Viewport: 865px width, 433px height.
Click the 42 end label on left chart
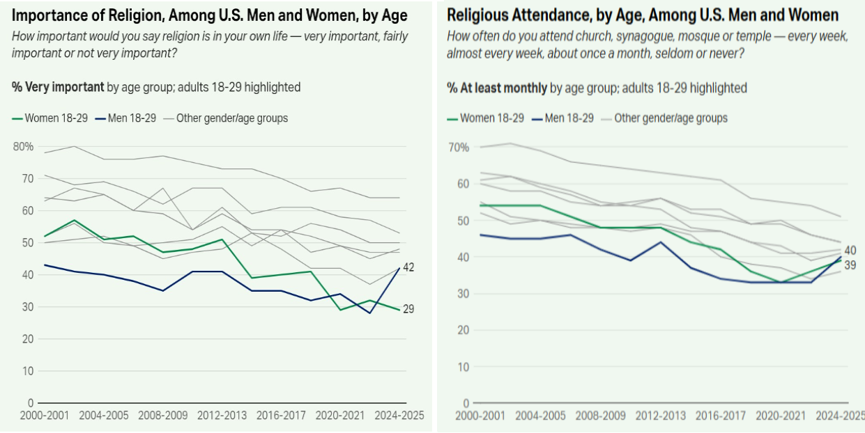pyautogui.click(x=408, y=267)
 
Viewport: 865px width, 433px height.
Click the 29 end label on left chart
pyautogui.click(x=408, y=309)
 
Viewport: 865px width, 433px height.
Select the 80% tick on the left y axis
pyautogui.click(x=22, y=146)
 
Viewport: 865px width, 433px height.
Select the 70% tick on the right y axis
pyautogui.click(x=459, y=148)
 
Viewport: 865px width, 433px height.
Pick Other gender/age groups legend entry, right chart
pyautogui.click(x=671, y=118)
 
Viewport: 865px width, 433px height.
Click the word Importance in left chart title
pyautogui.click(x=48, y=15)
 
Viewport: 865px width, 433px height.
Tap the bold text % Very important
pyautogui.click(x=58, y=87)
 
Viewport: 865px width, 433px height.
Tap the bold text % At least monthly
pyautogui.click(x=497, y=88)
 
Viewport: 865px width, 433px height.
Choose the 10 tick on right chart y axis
pyautogui.click(x=463, y=366)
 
